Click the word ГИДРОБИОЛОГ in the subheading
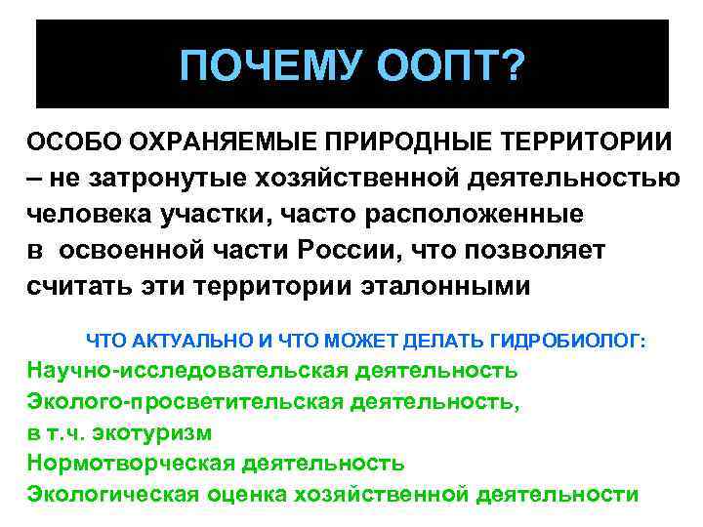(566, 341)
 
